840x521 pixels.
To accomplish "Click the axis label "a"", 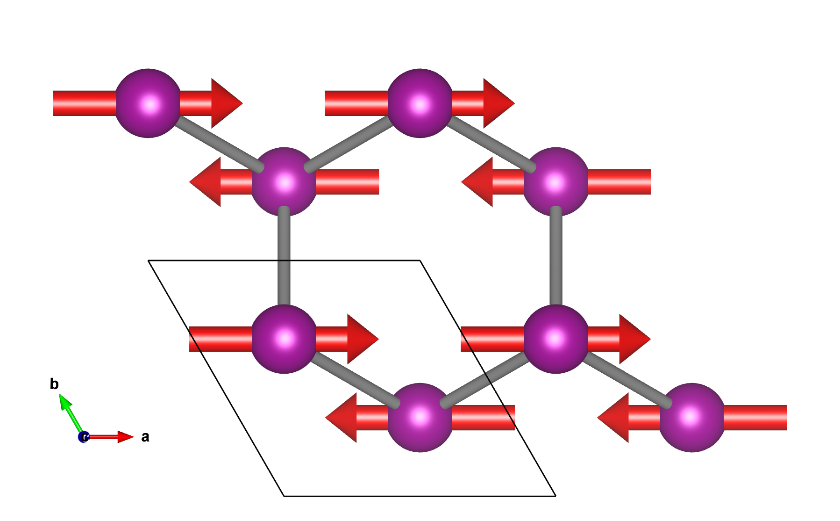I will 145,437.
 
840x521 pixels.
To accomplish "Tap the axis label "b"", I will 54,384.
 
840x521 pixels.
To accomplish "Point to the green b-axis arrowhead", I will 65,402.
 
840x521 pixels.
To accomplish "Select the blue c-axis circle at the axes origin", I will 84,437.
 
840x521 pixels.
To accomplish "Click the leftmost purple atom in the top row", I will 148,103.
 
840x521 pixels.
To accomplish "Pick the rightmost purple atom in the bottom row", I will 692,418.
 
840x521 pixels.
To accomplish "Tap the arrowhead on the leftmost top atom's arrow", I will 226,103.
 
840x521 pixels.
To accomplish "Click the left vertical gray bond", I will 284,260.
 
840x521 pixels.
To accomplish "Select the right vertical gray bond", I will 555,260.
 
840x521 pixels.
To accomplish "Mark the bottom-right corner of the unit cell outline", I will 555,496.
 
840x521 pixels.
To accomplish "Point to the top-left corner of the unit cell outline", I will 149,260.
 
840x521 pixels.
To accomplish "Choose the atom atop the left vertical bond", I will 284,182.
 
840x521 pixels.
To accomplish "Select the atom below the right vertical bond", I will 555,339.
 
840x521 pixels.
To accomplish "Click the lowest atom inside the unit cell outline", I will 420,418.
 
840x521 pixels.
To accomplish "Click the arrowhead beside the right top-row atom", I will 498,103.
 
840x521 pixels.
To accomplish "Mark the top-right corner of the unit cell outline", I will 420,260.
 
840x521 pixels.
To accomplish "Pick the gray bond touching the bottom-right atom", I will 626,379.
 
